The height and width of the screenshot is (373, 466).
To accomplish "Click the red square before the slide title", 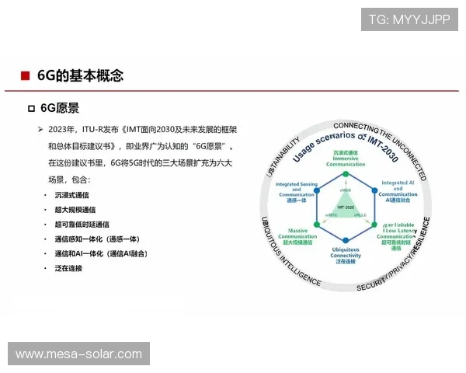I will [26, 75].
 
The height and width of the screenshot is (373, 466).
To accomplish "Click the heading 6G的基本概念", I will [80, 75].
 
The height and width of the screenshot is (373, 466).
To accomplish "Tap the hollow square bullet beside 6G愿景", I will [32, 109].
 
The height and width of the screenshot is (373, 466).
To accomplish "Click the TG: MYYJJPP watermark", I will [409, 19].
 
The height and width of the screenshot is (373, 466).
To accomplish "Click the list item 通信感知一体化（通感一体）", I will [97, 239].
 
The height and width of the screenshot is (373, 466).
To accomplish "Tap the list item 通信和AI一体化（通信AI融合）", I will [102, 253].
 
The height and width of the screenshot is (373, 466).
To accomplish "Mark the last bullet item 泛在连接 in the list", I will [68, 268].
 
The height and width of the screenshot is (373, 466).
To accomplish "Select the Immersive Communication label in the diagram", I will [346, 159].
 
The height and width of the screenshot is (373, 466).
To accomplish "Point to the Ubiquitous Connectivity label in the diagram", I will [346, 254].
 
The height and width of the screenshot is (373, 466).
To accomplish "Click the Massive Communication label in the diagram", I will [297, 235].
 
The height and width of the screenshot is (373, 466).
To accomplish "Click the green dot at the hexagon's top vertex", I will [346, 172].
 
